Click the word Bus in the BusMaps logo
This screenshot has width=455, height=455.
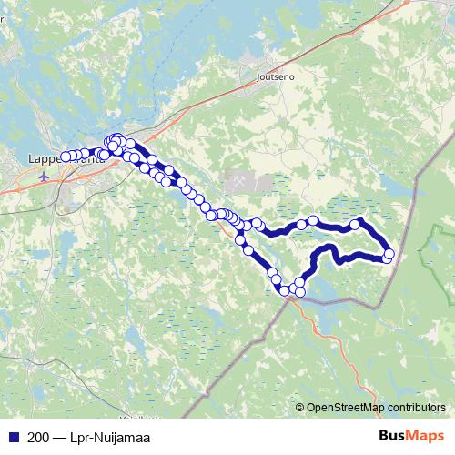point(391,437)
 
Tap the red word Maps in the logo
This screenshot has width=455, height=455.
point(425,437)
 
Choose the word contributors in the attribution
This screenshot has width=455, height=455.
point(415,408)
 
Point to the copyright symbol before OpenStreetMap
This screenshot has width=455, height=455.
point(300,408)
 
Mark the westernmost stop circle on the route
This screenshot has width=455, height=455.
point(65,157)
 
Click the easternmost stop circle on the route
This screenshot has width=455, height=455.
point(389,254)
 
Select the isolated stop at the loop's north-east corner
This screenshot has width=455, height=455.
point(356,223)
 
